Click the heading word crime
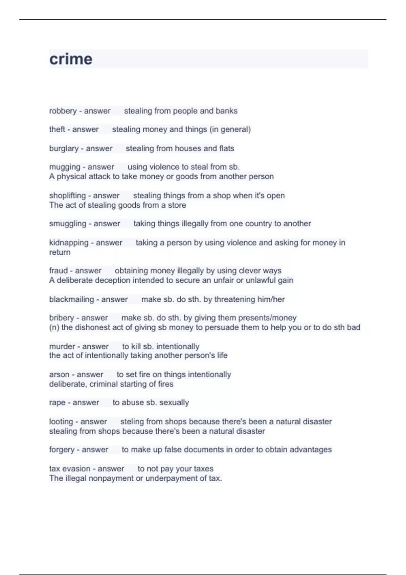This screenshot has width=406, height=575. pyautogui.click(x=71, y=59)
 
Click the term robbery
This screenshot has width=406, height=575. pyautogui.click(x=63, y=111)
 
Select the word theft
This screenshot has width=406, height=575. pyautogui.click(x=57, y=129)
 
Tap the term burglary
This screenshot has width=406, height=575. pyautogui.click(x=64, y=148)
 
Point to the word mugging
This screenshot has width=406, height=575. pyautogui.click(x=65, y=167)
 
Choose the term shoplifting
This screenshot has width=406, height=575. pyautogui.click(x=67, y=195)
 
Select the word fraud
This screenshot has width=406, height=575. pyautogui.click(x=59, y=271)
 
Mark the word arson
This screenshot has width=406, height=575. pyautogui.click(x=59, y=374)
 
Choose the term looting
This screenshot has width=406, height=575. pyautogui.click(x=61, y=421)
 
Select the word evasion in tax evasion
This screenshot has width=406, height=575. pyautogui.click(x=76, y=469)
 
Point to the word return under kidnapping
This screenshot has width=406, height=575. pyautogui.click(x=60, y=252)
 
